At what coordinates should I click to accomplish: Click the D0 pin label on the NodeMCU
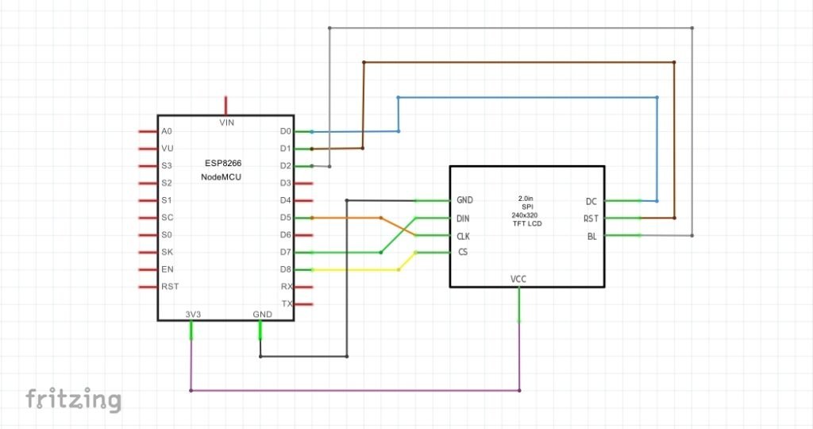pos(286,131)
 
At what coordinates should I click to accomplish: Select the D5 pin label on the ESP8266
pos(286,218)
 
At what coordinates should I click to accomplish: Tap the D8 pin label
pos(286,269)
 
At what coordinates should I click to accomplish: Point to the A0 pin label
pos(166,131)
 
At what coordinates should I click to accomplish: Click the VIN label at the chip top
pos(226,122)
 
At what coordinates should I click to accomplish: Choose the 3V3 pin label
pos(192,314)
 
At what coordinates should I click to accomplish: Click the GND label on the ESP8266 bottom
pos(262,314)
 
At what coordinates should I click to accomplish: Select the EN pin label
pos(166,269)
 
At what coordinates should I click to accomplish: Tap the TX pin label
pos(287,304)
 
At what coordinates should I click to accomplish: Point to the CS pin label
pos(462,253)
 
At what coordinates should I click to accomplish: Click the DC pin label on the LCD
pos(591,201)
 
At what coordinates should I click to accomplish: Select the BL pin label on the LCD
pos(591,235)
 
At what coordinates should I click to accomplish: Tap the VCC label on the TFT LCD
pos(518,280)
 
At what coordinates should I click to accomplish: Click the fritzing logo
pos(73,399)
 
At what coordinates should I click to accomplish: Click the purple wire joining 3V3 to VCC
pos(357,390)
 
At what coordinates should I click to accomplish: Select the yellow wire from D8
pos(357,270)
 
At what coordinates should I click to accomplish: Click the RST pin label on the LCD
pos(590,218)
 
